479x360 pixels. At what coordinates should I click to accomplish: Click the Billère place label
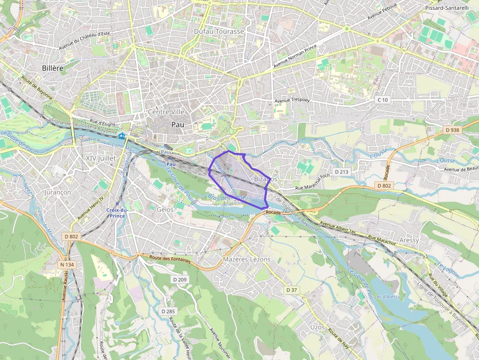coord(53,68)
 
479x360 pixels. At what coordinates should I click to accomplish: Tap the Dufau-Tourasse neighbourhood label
coord(218,31)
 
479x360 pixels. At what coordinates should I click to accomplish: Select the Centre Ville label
coord(166,112)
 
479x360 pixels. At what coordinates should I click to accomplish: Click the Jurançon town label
coord(58,192)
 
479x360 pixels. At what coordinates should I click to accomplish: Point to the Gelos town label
coord(165,209)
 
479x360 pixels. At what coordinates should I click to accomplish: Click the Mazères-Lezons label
coord(246,259)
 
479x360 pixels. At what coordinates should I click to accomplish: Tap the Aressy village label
coord(409,240)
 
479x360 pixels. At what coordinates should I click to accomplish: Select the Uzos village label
coord(318,327)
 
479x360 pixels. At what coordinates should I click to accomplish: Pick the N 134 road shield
coord(67,265)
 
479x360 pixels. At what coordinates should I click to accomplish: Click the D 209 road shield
coord(180,279)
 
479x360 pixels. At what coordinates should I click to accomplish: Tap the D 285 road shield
coord(168,311)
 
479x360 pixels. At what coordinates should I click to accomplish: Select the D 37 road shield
coord(291,290)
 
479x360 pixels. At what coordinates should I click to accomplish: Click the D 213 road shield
coord(342,172)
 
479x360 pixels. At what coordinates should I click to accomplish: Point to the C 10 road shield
coord(382,100)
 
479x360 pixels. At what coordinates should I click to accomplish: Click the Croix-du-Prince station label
coord(117,212)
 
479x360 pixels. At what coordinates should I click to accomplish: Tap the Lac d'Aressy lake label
coord(387,297)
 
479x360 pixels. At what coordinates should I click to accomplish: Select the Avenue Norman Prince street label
coord(295,57)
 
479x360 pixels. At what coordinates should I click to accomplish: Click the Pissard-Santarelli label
coord(447,8)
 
